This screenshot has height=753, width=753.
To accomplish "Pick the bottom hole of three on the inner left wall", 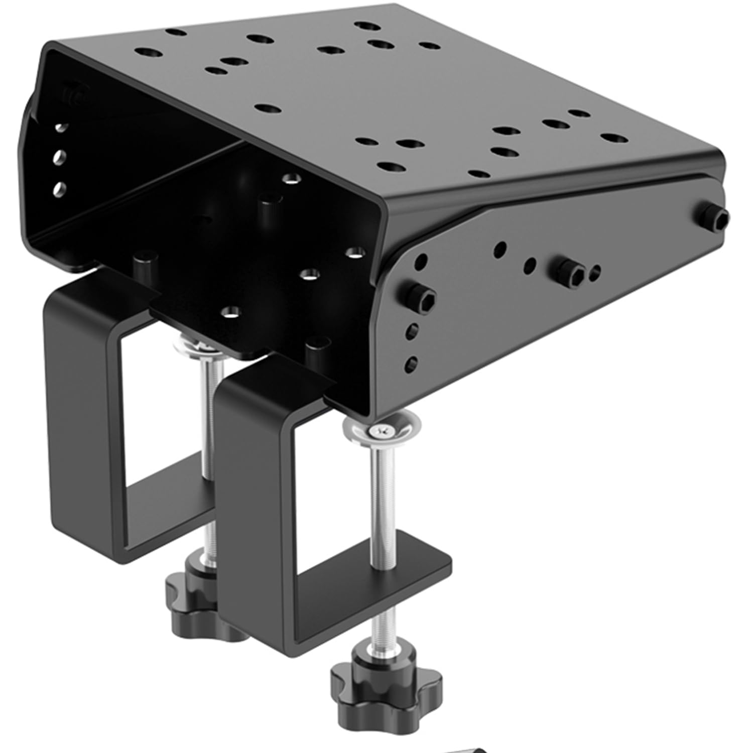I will click(59, 189).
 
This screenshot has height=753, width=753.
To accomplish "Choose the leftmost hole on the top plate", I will click(149, 52).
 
